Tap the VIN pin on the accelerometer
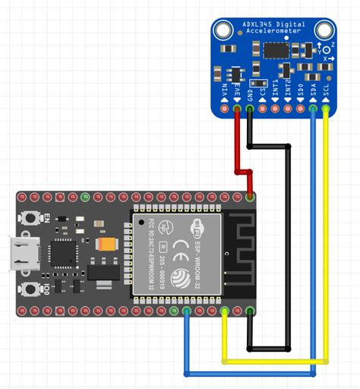pyautogui.click(x=225, y=111)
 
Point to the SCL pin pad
pyautogui.click(x=327, y=111)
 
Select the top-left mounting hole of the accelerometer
pyautogui.click(x=223, y=31)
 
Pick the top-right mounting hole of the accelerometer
pyautogui.click(x=325, y=31)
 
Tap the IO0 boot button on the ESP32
pyautogui.click(x=31, y=290)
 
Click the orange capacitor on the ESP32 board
pyautogui.click(x=107, y=244)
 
